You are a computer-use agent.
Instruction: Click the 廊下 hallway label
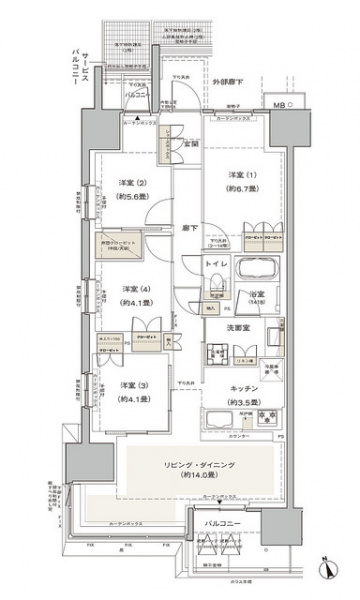pyautogui.click(x=188, y=228)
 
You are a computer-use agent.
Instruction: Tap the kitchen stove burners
pyautogui.click(x=262, y=416)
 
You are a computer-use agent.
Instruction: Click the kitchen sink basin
pyautogui.click(x=220, y=417)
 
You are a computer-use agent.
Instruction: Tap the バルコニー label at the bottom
pyautogui.click(x=221, y=523)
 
